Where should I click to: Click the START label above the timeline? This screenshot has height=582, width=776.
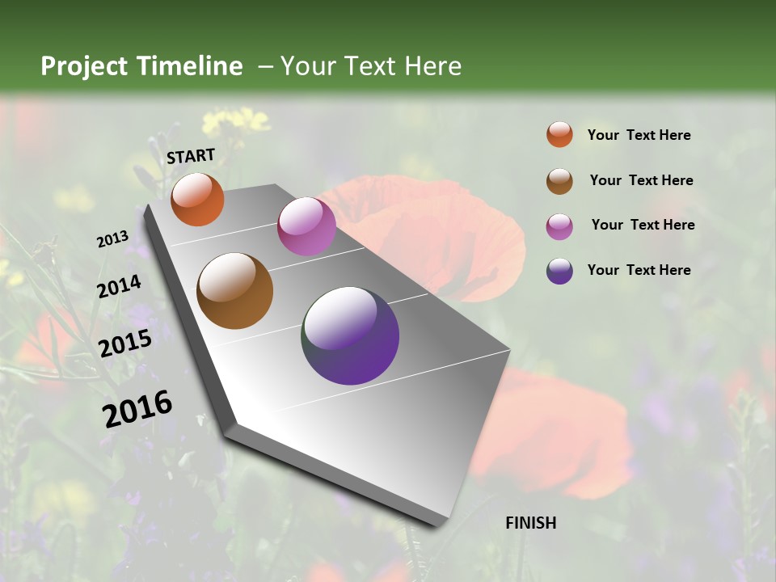click(191, 156)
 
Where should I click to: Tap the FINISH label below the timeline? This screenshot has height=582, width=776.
click(530, 523)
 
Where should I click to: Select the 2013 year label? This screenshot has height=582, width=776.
click(113, 238)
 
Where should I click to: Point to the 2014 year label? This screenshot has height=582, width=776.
click(120, 286)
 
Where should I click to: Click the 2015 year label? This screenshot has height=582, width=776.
click(125, 344)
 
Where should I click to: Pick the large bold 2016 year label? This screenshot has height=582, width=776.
click(137, 408)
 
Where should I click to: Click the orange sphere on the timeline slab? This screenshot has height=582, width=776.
click(197, 199)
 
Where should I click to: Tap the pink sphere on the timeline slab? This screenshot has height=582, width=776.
click(306, 226)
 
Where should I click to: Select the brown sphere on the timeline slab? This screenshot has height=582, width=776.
click(234, 291)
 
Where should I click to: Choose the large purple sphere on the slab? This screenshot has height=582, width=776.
click(350, 335)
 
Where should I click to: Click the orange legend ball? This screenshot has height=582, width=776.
click(559, 134)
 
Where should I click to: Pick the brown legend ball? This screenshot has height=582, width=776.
click(559, 180)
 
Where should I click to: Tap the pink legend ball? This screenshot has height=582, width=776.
click(559, 226)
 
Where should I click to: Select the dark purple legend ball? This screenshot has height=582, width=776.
click(559, 271)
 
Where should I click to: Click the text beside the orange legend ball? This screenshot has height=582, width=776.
click(639, 135)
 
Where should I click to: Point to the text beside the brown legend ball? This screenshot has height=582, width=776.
click(641, 180)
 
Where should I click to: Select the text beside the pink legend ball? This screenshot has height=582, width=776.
click(643, 225)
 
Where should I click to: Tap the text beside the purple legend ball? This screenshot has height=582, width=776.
click(639, 270)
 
